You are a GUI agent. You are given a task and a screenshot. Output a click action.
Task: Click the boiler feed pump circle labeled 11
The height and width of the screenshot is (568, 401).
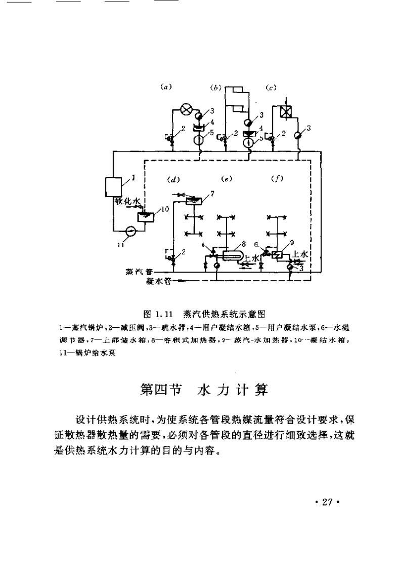(130, 231)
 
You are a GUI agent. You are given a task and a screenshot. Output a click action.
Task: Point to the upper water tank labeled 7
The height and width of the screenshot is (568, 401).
(194, 201)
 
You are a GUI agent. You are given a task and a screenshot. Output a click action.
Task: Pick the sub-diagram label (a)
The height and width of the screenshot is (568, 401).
(166, 87)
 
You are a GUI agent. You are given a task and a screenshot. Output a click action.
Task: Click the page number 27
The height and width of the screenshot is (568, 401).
(326, 502)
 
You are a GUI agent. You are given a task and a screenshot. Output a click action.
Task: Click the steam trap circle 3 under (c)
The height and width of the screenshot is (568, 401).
(298, 134)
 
